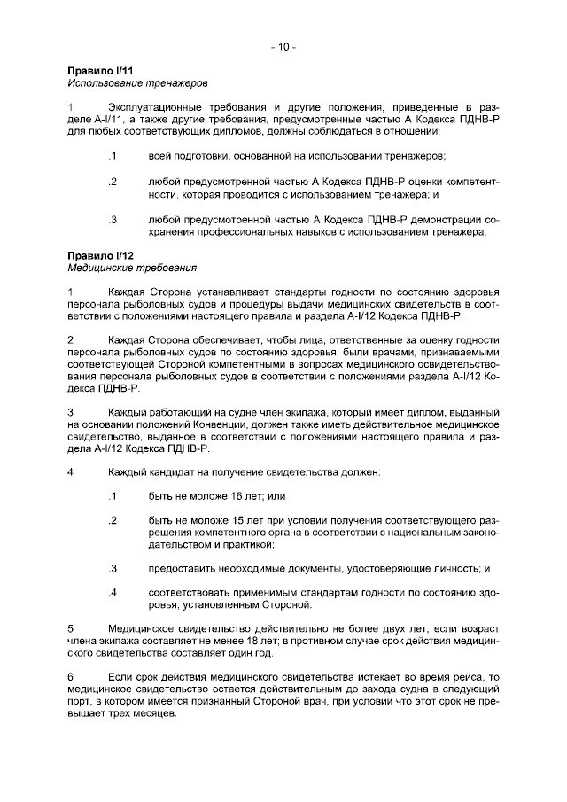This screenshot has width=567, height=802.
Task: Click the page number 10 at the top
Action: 283,45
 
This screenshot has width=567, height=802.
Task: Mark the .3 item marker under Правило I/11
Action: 113,219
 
